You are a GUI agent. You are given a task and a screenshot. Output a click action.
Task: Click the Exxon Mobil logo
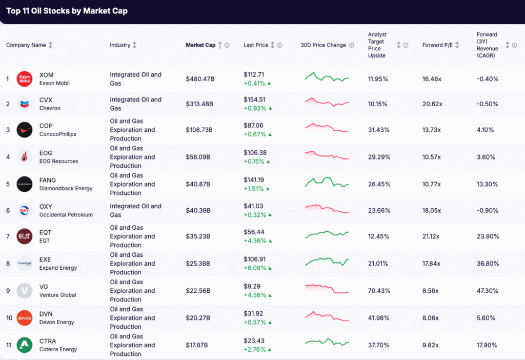point(24,79)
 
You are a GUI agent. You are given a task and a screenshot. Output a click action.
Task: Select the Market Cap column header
point(200,45)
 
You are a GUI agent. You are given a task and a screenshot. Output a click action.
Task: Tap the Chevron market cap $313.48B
point(199,104)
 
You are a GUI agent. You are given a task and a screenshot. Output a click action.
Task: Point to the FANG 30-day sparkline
point(327,183)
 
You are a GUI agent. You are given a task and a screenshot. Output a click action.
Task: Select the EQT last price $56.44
point(254,232)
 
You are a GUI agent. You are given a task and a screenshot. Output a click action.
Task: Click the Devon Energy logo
point(24,318)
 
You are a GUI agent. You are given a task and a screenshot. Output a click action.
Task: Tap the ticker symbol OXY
point(46,206)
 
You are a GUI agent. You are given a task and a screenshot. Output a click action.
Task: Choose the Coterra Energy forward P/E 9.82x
point(431,345)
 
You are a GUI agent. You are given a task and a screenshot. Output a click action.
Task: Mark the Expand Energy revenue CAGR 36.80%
point(487,264)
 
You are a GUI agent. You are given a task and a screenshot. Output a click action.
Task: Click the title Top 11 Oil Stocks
point(67,11)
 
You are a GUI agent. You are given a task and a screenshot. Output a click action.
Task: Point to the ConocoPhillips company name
point(57,134)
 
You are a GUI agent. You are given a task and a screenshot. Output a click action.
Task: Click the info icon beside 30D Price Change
point(352,45)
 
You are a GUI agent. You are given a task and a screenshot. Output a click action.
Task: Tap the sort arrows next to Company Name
point(50,45)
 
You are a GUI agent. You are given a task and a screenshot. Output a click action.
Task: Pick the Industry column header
point(120,45)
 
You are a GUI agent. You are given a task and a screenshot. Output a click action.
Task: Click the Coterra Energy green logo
point(24,345)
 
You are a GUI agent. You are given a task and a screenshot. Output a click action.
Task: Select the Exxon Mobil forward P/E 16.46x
point(432,79)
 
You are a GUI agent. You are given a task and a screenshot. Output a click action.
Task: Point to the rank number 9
point(8,291)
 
